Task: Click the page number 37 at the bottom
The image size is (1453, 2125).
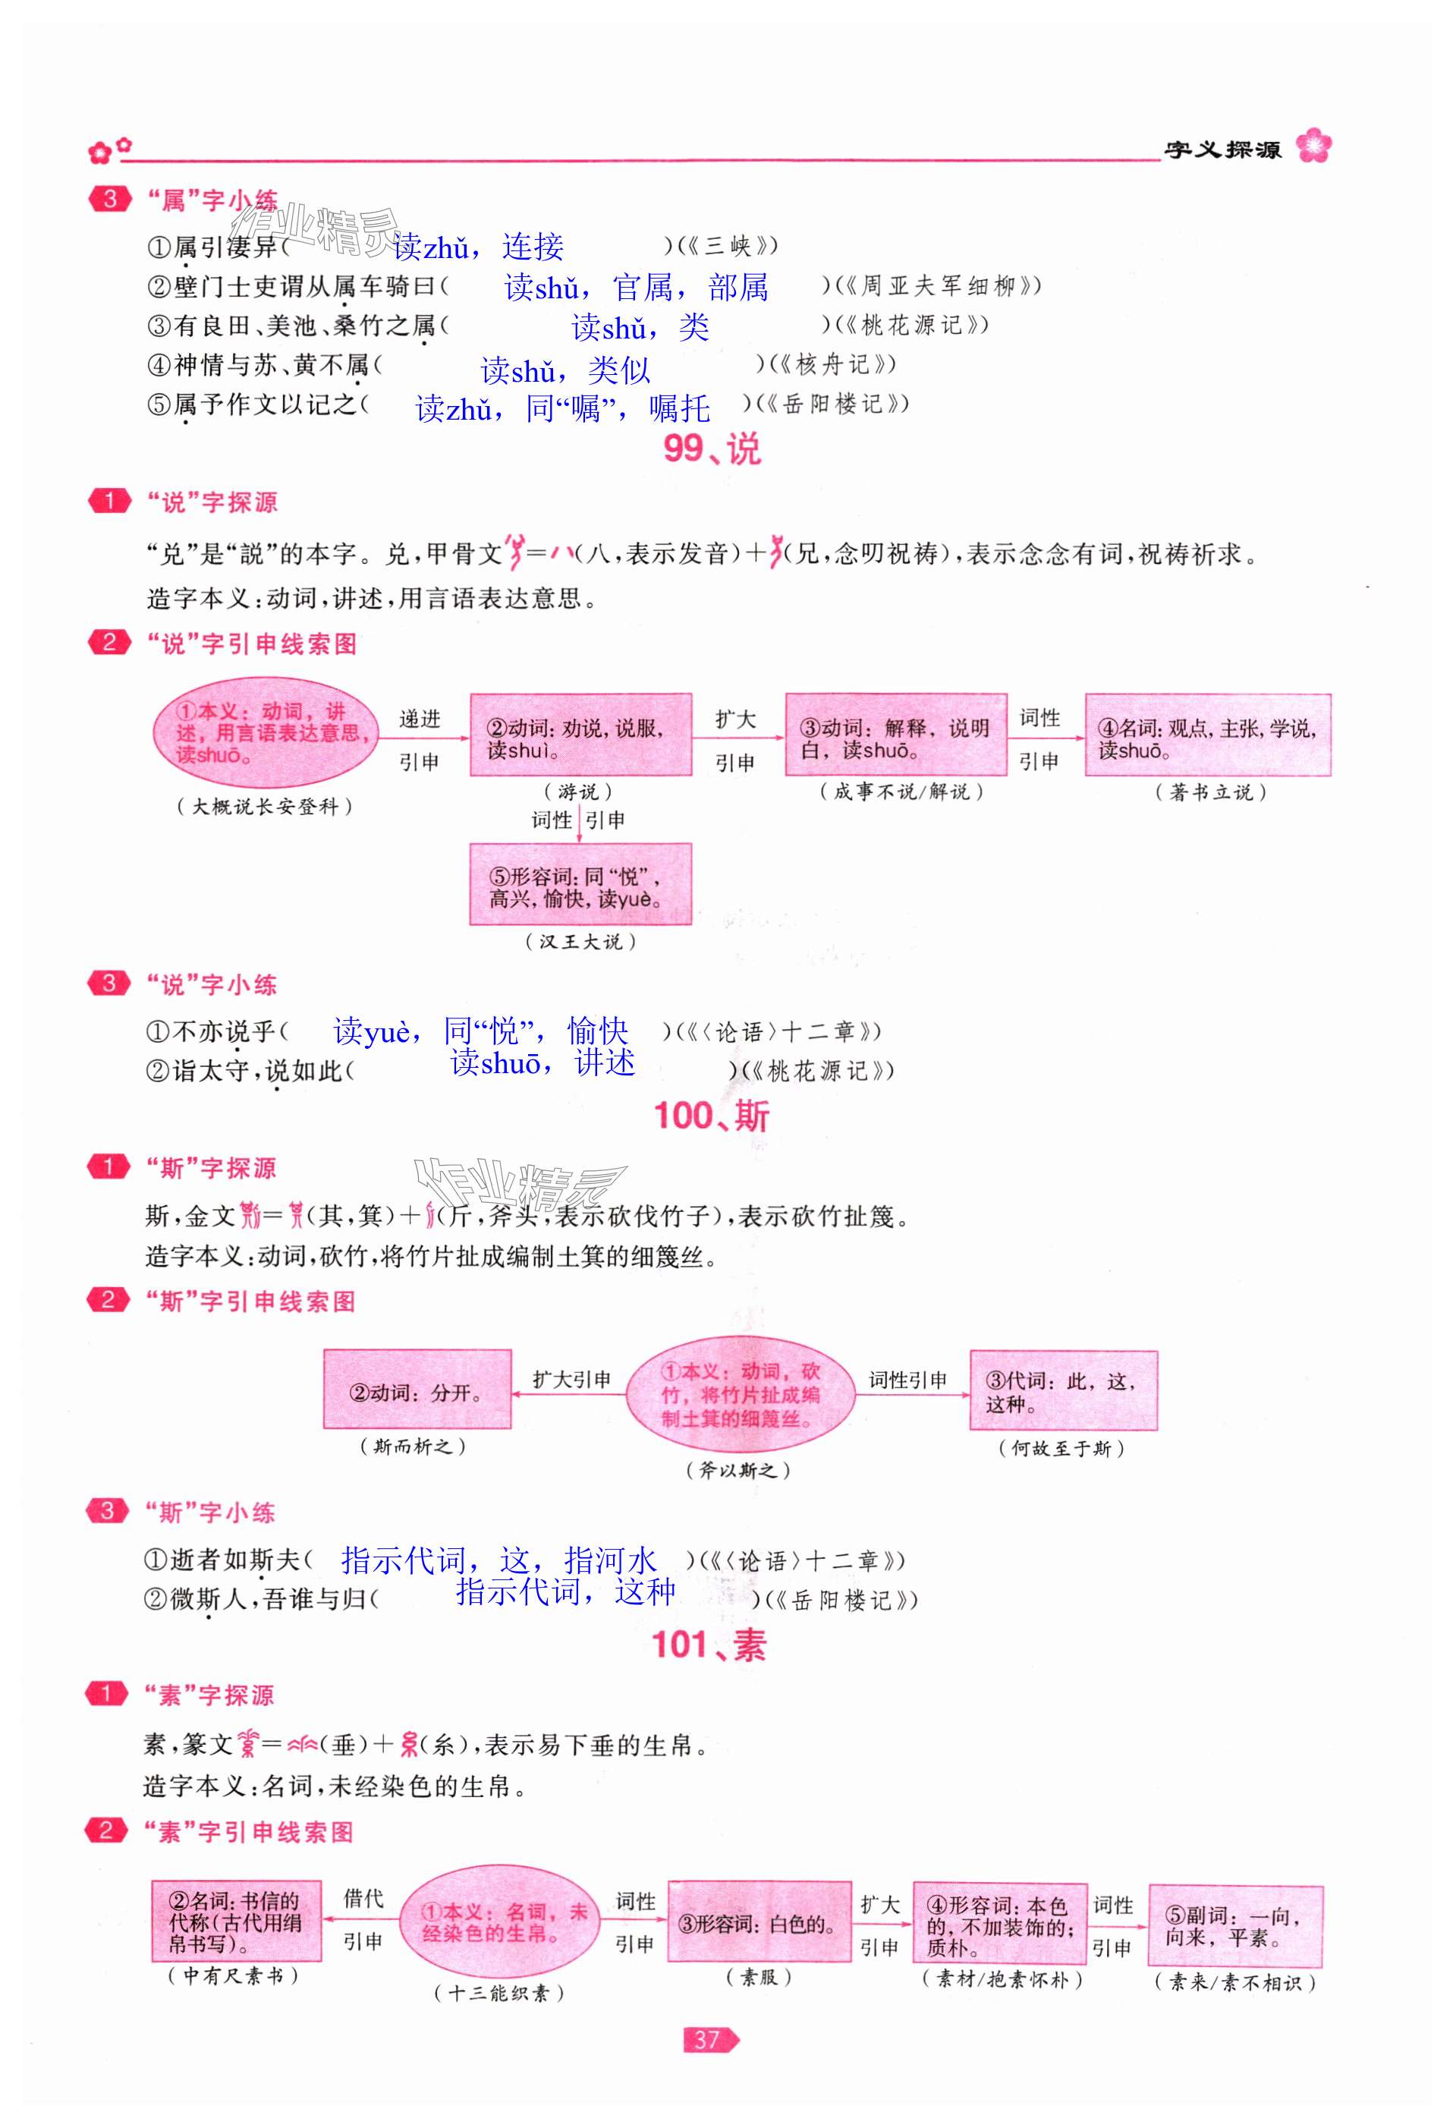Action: pos(709,2039)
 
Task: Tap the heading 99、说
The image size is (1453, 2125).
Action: pos(712,449)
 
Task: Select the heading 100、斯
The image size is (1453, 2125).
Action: pos(712,1116)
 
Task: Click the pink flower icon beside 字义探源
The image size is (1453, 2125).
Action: pos(1314,146)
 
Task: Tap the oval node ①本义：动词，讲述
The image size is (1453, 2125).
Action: pos(265,732)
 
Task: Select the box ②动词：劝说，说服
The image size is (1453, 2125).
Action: pos(580,736)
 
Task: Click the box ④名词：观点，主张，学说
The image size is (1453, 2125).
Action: pos(1207,736)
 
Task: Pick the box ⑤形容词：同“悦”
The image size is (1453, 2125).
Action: pos(580,885)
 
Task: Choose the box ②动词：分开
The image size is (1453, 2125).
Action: pos(417,1389)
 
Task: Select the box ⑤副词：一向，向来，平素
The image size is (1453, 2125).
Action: pos(1234,1925)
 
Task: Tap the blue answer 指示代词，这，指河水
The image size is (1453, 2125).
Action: pos(498,1560)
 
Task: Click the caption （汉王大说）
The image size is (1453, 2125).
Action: pos(580,941)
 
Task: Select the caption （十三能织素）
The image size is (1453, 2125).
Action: pos(499,1994)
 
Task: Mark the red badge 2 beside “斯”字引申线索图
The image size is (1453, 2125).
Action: pos(108,1300)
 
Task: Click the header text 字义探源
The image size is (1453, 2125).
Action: pos(1222,149)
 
